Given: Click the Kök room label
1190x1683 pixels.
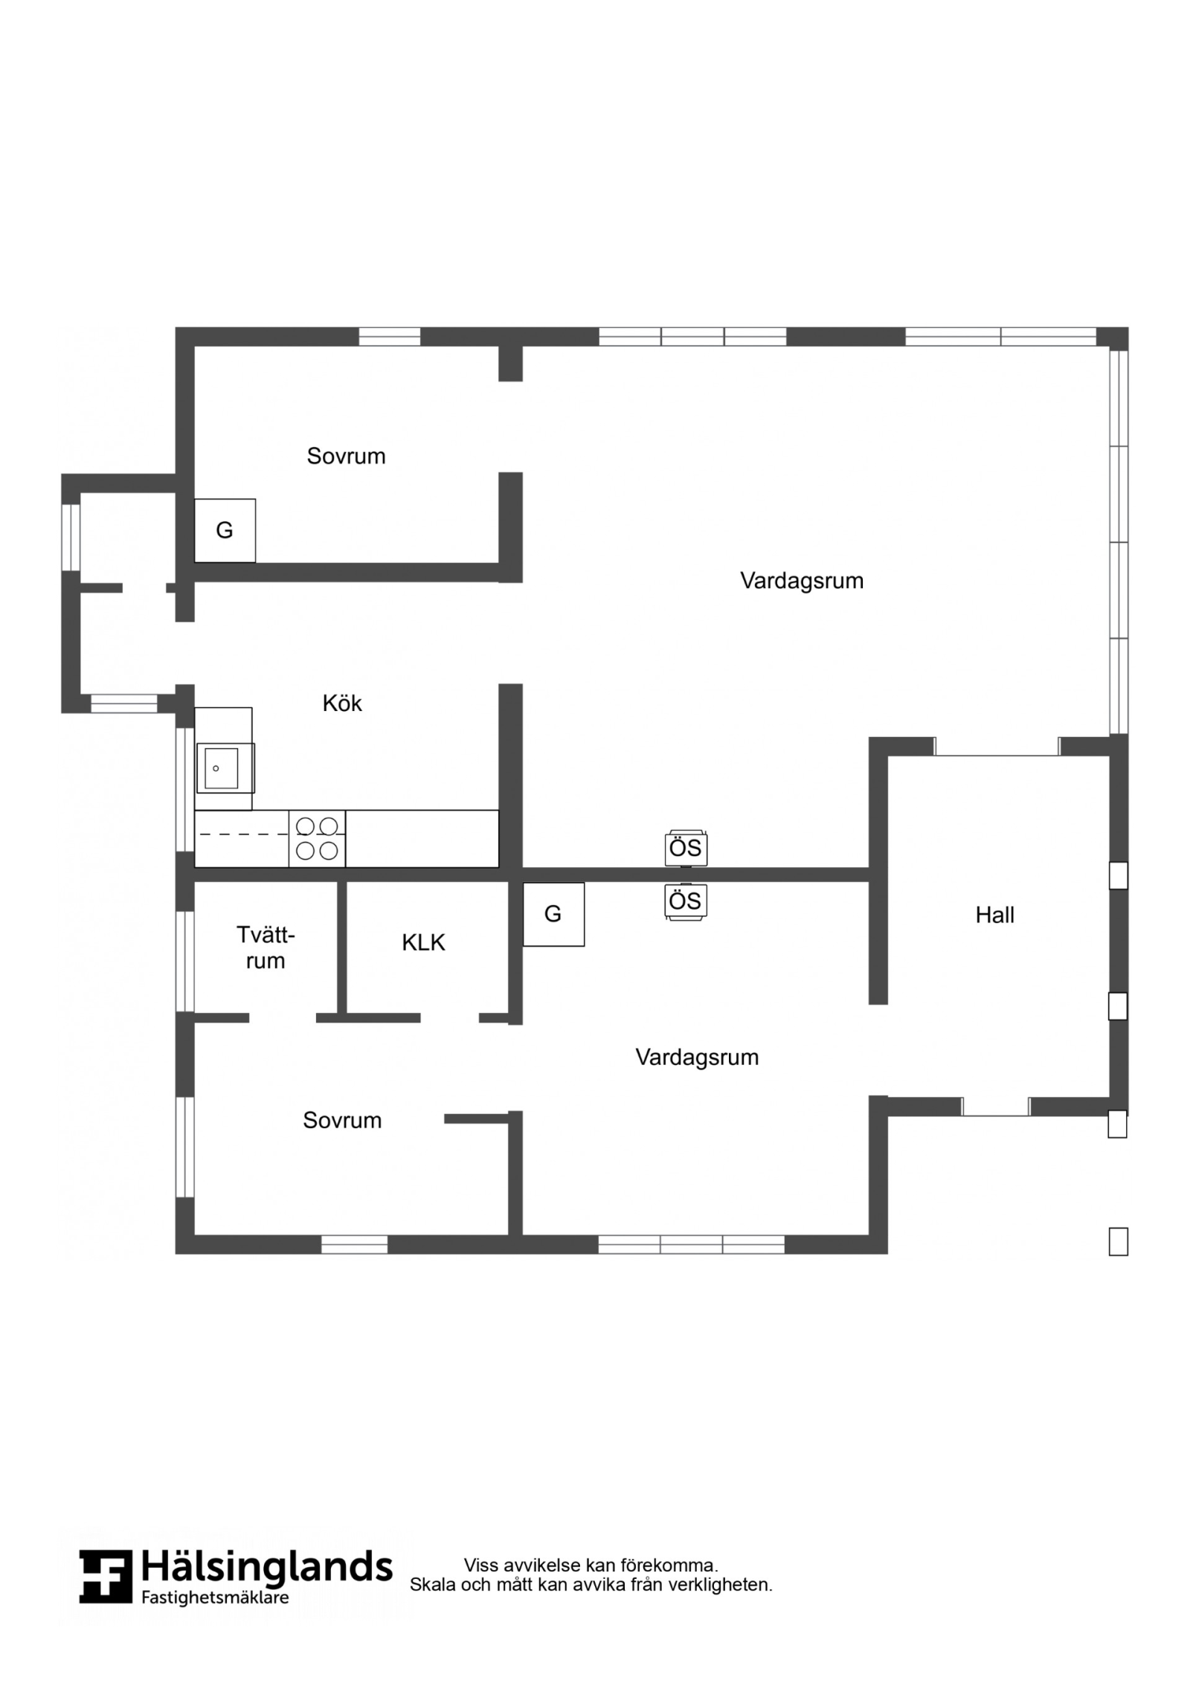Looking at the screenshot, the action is (x=342, y=704).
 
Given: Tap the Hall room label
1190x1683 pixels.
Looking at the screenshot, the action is (x=994, y=915).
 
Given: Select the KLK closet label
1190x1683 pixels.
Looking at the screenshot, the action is (x=423, y=943).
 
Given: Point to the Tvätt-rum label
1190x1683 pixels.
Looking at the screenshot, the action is (x=266, y=947).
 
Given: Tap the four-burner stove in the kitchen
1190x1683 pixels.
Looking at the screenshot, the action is (x=317, y=838).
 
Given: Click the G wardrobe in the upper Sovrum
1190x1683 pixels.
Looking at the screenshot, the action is (x=225, y=530).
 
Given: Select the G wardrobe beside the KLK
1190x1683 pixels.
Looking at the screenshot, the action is (x=553, y=914).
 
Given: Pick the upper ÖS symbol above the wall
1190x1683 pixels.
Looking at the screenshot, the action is (x=685, y=848).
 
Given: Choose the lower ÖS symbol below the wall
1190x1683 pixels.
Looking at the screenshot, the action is (x=685, y=901).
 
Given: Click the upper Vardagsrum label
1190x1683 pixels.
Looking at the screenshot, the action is (x=802, y=581).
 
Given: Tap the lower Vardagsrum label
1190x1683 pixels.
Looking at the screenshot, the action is (x=697, y=1058).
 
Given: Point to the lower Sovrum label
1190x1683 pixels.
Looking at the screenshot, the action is (x=342, y=1120).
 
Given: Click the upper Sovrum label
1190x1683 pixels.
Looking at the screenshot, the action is (x=347, y=456).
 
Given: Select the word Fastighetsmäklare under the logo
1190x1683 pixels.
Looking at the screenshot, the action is (x=215, y=1597).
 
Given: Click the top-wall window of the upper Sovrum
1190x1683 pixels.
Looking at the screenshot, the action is (x=390, y=337).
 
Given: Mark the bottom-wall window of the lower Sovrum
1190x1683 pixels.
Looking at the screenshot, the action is (x=354, y=1244).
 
